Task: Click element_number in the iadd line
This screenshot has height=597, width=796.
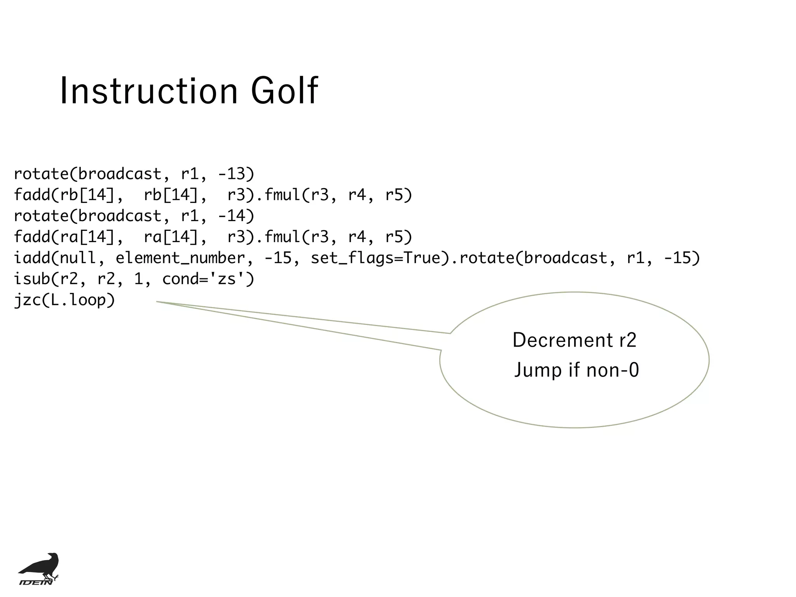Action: pyautogui.click(x=180, y=258)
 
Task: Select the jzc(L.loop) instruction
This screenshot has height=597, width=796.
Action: pyautogui.click(x=65, y=300)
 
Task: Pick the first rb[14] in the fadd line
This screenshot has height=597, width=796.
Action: pyautogui.click(x=87, y=195)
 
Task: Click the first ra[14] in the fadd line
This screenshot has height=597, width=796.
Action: pyautogui.click(x=87, y=237)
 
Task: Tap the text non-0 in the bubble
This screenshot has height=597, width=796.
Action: pyautogui.click(x=613, y=370)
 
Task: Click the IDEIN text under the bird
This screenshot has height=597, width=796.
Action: pyautogui.click(x=36, y=582)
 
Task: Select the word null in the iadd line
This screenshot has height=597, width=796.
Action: pyautogui.click(x=78, y=258)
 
